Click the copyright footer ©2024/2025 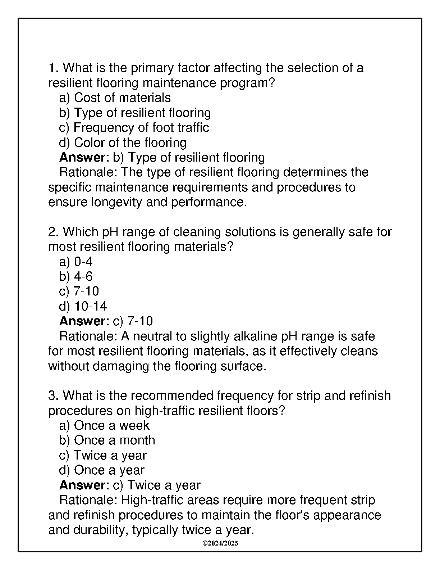(220, 543)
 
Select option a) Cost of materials (115, 98)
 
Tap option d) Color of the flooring (123, 142)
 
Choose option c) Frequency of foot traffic (134, 127)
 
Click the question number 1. (53, 68)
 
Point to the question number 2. (53, 232)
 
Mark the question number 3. (53, 395)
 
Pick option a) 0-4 (76, 262)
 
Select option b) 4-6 (76, 276)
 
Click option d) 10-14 (83, 306)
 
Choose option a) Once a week (104, 425)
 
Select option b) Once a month (107, 440)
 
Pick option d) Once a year (102, 470)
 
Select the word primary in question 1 (150, 68)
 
